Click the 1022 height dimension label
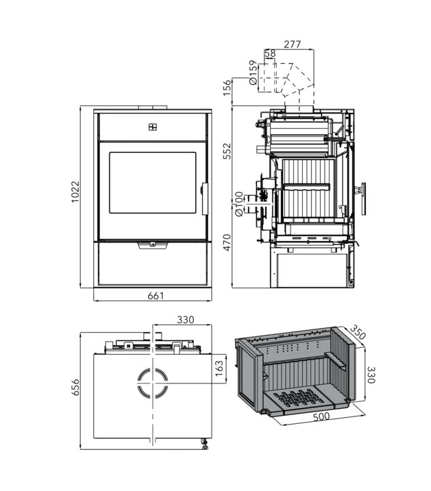click(x=75, y=191)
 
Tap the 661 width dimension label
click(x=156, y=296)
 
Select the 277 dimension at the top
click(x=292, y=45)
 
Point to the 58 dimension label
click(x=270, y=53)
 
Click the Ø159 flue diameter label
click(x=253, y=73)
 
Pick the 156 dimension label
click(x=226, y=88)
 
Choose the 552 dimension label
click(x=226, y=151)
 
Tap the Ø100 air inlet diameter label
click(x=238, y=204)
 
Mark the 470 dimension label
click(x=226, y=242)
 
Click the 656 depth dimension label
click(x=75, y=388)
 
